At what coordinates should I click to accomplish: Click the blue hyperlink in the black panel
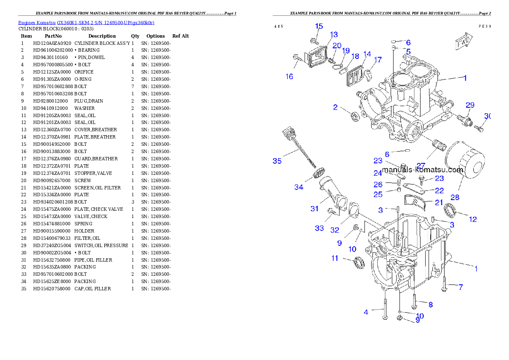pos(86,22)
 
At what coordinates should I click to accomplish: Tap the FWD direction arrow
pos(464,42)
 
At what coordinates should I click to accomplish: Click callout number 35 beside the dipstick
pos(277,161)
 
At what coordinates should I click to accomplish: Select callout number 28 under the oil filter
pos(455,197)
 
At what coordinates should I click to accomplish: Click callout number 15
pos(319,27)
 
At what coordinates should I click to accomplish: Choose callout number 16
pos(290,77)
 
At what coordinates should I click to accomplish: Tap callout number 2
pos(336,107)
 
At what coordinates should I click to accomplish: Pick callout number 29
pos(470,105)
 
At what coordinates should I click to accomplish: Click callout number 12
pos(473,219)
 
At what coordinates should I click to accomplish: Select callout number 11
pos(335,258)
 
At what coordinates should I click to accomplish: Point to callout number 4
pos(366,312)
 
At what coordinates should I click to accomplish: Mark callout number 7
pos(461,287)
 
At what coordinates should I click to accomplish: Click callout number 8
pos(431,304)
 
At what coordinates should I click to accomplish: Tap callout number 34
pos(299,187)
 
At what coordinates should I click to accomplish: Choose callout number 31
pos(315,209)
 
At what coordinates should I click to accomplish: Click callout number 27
pos(421,166)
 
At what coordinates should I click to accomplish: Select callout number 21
pos(439,202)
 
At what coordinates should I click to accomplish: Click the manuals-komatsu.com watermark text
pos(423,170)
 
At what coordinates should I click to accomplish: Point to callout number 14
pos(367,54)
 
